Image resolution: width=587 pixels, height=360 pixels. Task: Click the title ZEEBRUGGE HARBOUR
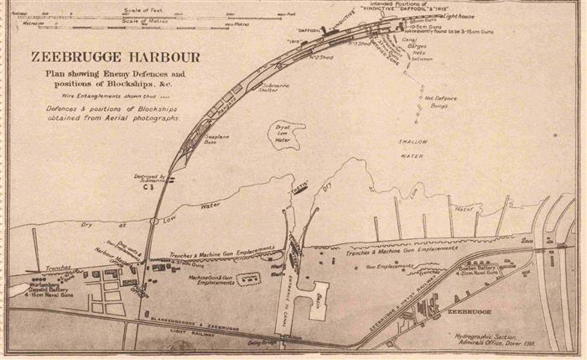115,58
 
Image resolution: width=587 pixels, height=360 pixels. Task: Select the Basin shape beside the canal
317,300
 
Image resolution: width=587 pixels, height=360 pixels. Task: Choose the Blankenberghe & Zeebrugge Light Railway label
201,323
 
